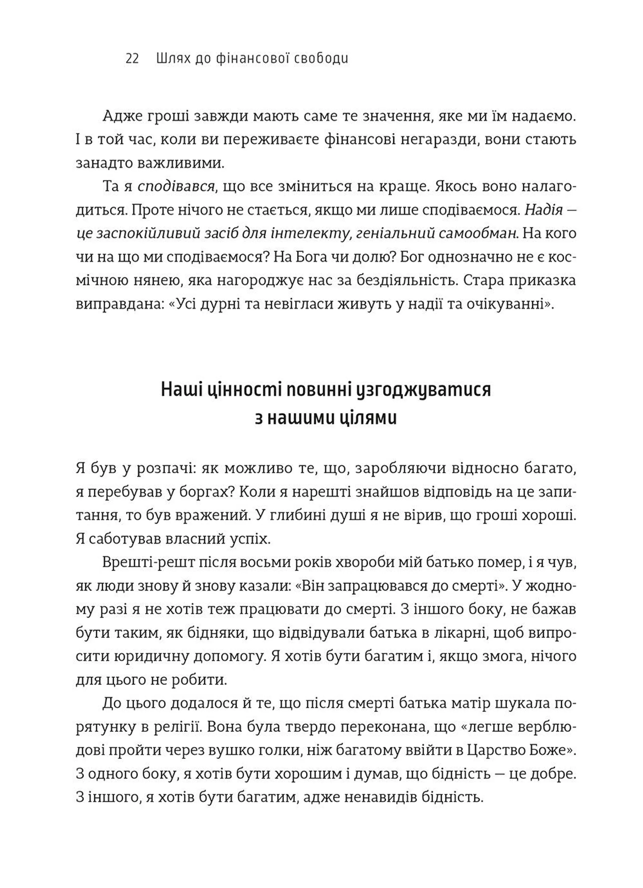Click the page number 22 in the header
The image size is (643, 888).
pos(132,59)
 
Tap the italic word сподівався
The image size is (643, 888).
pos(176,187)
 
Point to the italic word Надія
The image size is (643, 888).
pos(544,210)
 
